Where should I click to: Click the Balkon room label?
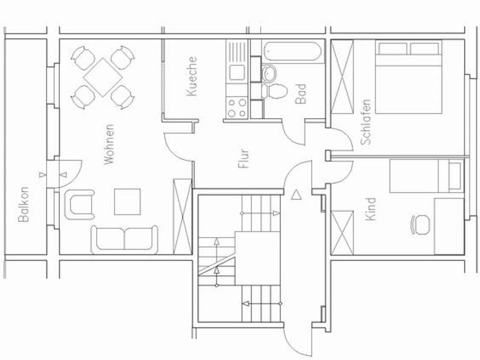23,204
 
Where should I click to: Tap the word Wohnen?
109,144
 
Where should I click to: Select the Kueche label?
192,77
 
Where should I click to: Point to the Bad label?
301,94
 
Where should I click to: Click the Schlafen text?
365,122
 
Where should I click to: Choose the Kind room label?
370,209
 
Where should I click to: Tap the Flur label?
244,158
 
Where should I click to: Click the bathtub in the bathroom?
293,52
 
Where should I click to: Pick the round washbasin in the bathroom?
269,73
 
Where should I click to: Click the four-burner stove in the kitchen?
236,107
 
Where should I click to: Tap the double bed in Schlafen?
408,78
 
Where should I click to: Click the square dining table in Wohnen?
103,77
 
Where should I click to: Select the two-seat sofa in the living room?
125,238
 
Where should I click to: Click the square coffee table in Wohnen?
127,201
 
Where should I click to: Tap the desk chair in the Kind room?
420,224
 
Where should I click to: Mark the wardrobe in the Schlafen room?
342,77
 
